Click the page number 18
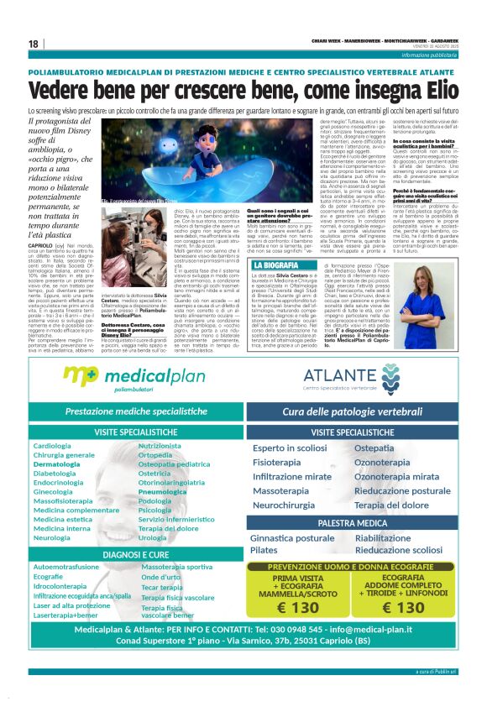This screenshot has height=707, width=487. (x=33, y=44)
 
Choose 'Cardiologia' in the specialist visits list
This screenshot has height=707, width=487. (x=52, y=445)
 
